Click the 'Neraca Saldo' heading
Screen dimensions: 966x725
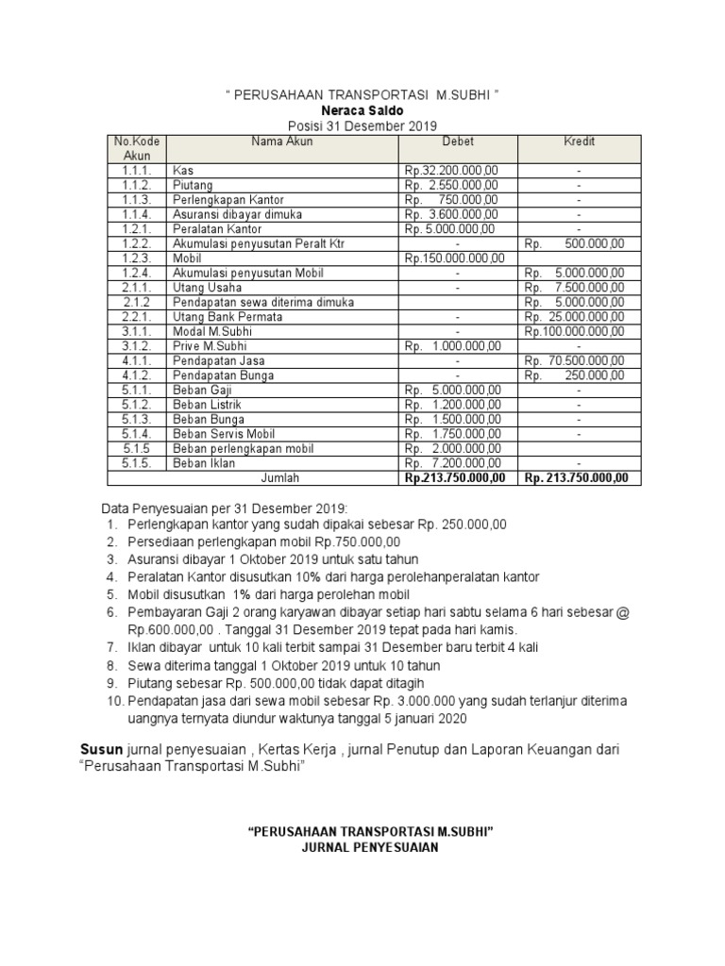point(362,110)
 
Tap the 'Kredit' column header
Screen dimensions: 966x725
point(581,142)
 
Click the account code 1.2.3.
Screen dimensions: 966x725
point(136,258)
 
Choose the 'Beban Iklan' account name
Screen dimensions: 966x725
point(203,463)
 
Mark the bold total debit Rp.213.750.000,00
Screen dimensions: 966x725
point(456,477)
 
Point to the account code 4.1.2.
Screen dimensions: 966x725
point(136,375)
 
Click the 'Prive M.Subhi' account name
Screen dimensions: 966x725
point(209,346)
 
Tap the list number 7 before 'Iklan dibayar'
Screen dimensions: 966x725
point(110,647)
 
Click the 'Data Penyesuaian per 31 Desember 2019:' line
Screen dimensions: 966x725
point(225,505)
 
